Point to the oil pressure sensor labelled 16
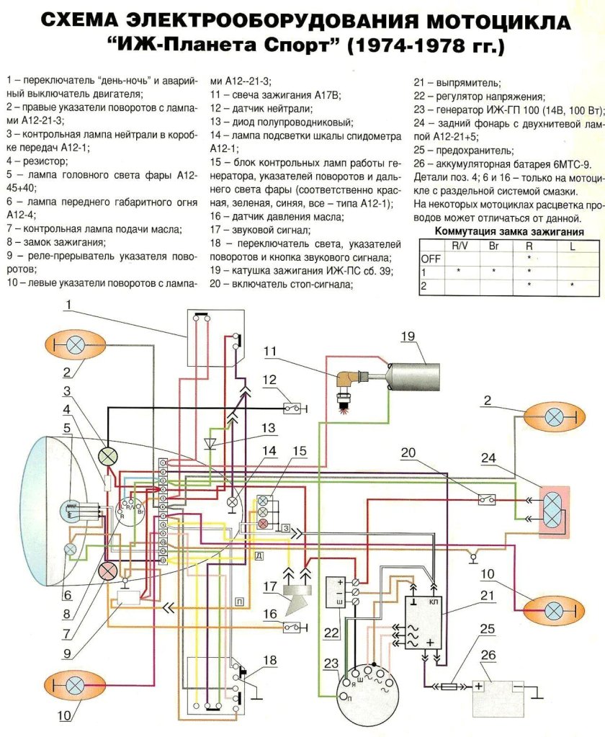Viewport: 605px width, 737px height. coord(294,627)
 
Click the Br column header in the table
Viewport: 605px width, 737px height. coord(493,245)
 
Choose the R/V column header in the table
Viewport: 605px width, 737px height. coord(459,245)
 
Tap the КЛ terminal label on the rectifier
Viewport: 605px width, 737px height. coord(434,600)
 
